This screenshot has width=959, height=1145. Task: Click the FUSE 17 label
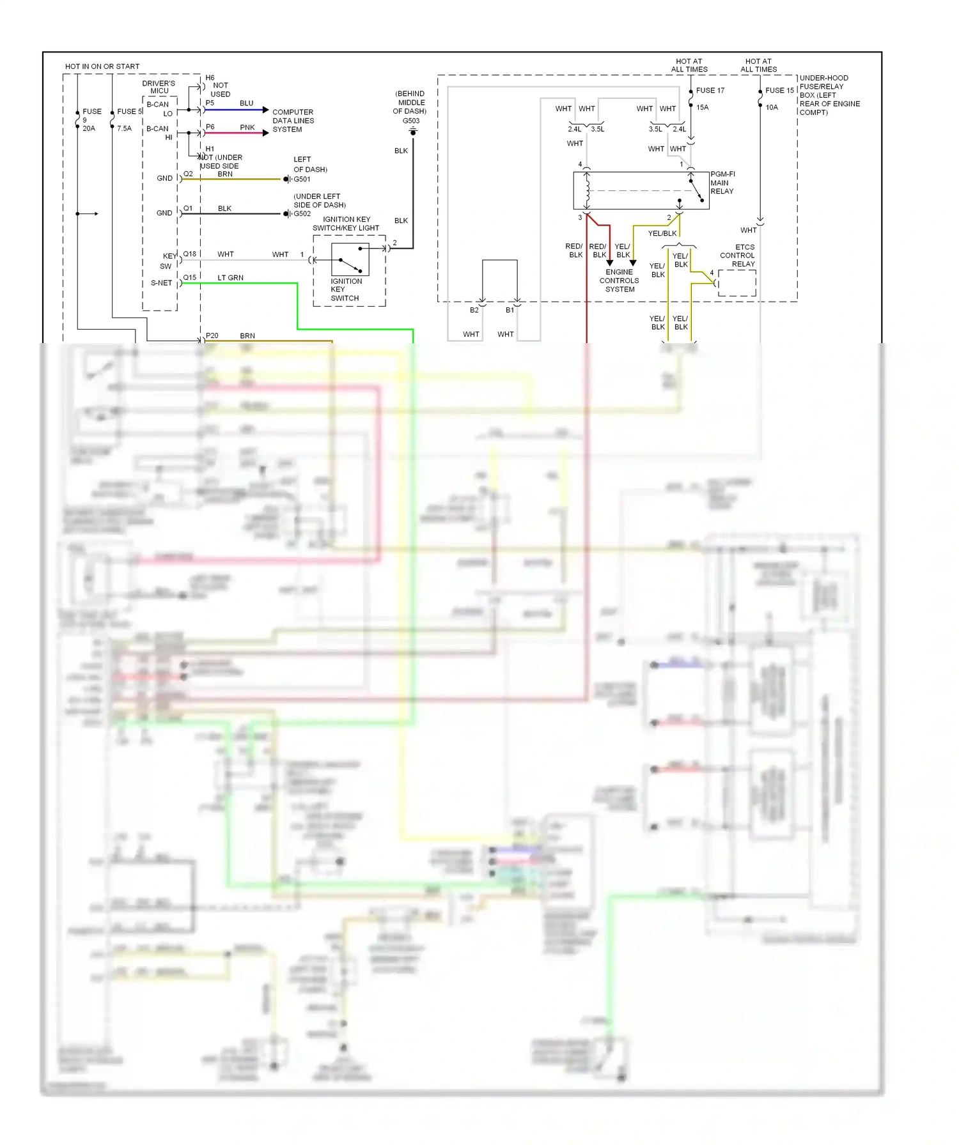point(710,90)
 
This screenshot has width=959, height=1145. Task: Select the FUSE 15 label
point(779,90)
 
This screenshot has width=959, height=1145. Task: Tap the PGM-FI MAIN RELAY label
point(722,183)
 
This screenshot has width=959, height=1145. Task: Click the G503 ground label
point(411,121)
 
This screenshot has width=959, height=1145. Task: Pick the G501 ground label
point(302,180)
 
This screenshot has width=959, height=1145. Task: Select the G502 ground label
point(302,214)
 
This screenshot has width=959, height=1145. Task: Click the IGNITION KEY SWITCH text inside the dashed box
point(346,289)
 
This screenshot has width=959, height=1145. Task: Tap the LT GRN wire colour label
point(230,278)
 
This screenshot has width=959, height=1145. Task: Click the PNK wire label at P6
point(247,127)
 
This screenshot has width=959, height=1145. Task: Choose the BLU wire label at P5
point(246,104)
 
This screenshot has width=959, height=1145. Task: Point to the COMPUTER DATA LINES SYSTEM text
point(293,121)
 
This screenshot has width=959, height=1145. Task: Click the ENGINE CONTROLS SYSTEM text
point(619,280)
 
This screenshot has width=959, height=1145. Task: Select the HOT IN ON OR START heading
point(102,66)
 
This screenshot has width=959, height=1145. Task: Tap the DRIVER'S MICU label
point(159,87)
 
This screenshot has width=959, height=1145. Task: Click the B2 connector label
point(474,310)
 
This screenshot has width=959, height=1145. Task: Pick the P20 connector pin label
point(212,335)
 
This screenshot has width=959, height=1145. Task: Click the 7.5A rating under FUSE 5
point(124,128)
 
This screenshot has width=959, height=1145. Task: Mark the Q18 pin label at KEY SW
point(190,254)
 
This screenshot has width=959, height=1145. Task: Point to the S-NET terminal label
point(161,283)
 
